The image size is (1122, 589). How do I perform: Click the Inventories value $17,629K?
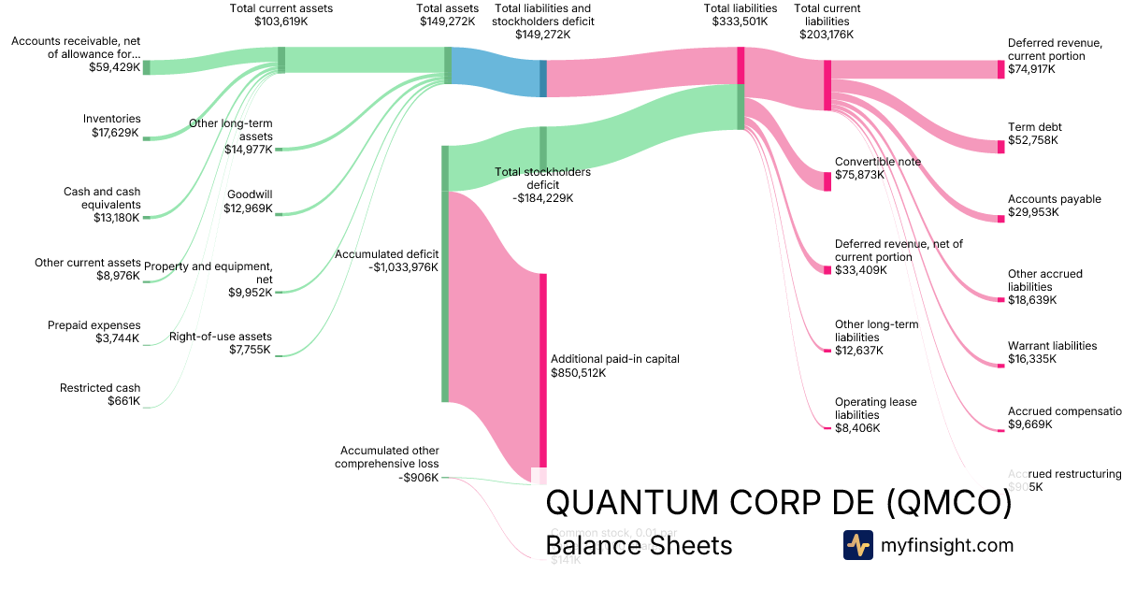[x=111, y=133]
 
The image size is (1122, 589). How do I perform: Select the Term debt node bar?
[x=1000, y=146]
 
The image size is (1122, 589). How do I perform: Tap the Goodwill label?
[x=250, y=194]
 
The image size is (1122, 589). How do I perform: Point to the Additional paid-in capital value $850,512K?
[x=579, y=373]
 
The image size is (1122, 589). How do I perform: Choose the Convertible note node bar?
[x=827, y=181]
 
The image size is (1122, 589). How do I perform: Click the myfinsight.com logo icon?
[x=857, y=545]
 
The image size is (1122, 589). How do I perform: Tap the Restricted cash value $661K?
[x=124, y=401]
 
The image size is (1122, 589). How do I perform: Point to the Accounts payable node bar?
[x=1000, y=218]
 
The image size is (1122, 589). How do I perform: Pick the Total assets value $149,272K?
[x=449, y=21]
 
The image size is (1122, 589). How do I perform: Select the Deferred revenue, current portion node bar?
[x=1000, y=69]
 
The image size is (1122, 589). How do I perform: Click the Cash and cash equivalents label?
[x=102, y=198]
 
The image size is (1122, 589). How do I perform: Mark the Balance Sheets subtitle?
[x=639, y=545]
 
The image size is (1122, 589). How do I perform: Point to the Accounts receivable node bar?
[x=146, y=67]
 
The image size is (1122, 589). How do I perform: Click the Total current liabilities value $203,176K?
[x=827, y=35]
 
